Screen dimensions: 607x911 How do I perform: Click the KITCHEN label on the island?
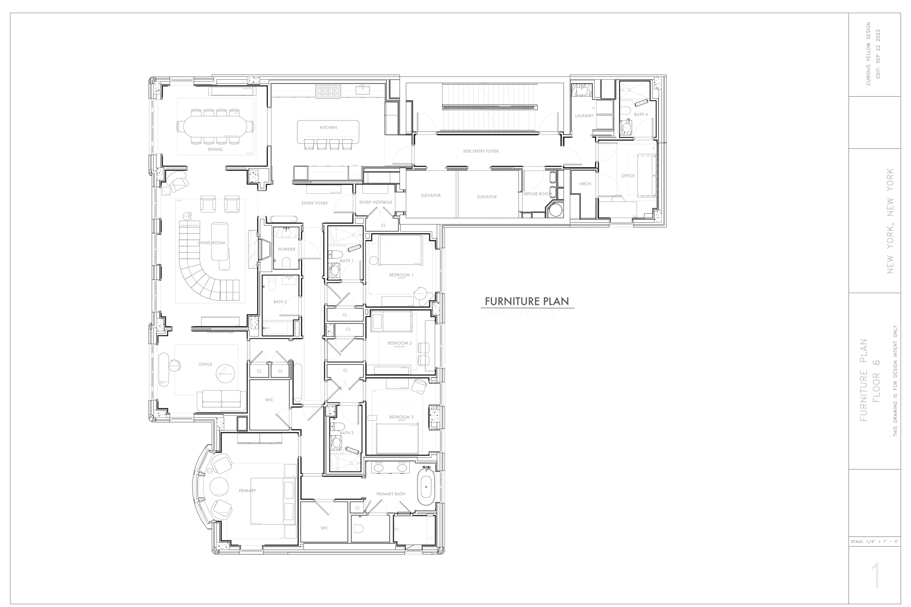(x=328, y=127)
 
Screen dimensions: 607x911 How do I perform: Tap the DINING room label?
(x=215, y=149)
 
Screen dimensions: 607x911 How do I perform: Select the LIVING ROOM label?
(x=211, y=243)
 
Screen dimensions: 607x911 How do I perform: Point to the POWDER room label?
(x=287, y=249)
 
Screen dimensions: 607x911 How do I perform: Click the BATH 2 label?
(x=280, y=302)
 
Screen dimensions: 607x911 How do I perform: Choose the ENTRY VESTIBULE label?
(x=375, y=202)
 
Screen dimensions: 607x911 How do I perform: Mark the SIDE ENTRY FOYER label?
(x=481, y=151)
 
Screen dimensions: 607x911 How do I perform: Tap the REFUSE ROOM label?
(x=537, y=194)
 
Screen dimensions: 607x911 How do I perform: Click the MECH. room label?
(x=586, y=184)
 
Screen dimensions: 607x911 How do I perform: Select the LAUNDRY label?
(x=584, y=116)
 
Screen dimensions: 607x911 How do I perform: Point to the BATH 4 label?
(x=641, y=115)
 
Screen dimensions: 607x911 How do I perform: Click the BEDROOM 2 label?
(x=399, y=343)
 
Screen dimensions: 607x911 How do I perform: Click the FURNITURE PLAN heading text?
(x=527, y=301)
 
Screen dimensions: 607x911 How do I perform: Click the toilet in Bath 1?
(x=335, y=254)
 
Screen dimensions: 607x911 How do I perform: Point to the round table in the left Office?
(x=225, y=373)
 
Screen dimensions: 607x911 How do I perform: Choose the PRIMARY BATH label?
(x=390, y=494)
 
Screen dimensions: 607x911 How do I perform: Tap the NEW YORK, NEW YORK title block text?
(x=891, y=221)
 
